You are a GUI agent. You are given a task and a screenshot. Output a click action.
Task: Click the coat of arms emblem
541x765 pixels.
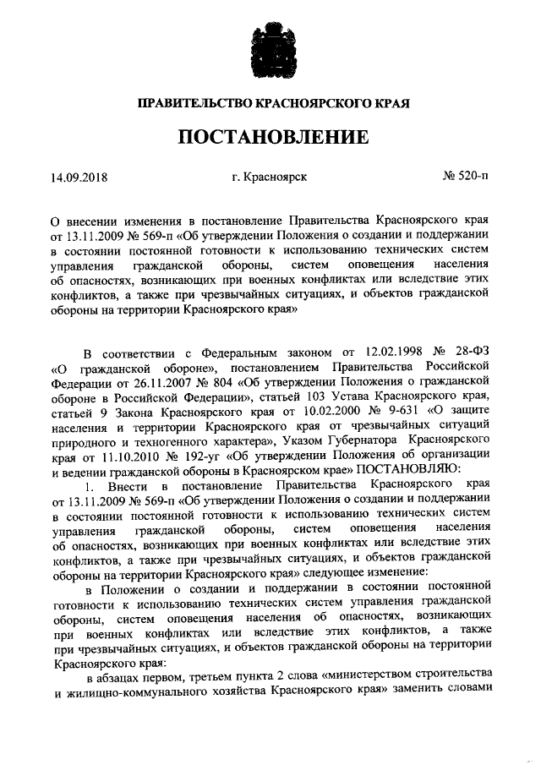click(270, 50)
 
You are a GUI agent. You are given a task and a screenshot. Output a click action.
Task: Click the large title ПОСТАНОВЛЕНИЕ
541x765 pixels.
click(270, 137)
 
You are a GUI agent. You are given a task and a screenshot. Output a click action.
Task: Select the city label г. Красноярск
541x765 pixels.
click(269, 178)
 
